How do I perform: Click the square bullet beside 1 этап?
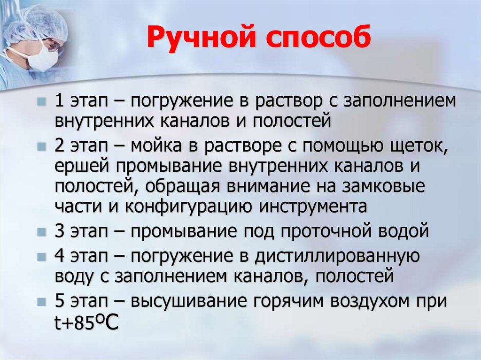(43, 101)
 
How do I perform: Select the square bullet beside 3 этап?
(43, 232)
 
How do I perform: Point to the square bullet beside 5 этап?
(43, 301)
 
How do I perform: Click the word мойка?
(158, 146)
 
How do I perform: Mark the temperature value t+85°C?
(86, 323)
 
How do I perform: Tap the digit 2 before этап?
(60, 146)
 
